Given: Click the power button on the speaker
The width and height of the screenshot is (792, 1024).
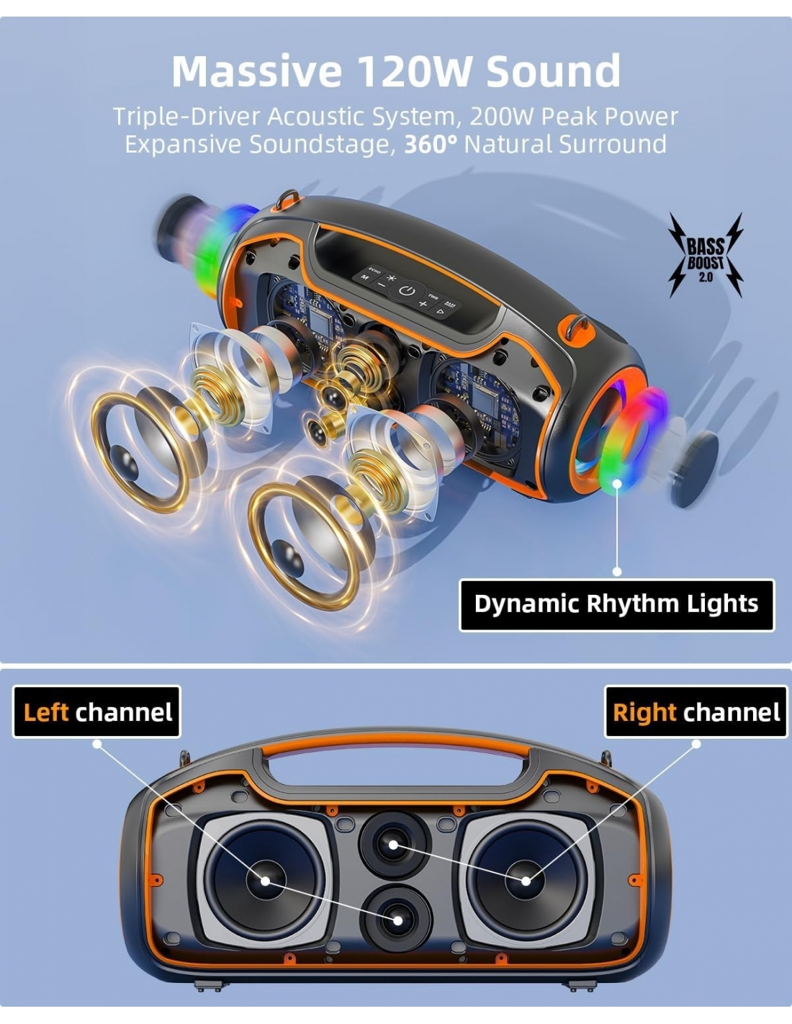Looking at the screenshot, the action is click(x=407, y=291).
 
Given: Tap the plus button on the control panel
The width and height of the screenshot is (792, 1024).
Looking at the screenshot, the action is click(x=423, y=304).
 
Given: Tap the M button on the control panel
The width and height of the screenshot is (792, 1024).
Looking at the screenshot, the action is click(x=364, y=277).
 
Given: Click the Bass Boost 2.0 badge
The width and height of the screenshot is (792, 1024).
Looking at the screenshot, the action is click(x=706, y=256).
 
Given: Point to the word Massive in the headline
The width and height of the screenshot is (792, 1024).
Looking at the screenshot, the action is click(x=257, y=71).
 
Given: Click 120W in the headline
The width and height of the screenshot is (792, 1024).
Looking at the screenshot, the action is click(x=414, y=71).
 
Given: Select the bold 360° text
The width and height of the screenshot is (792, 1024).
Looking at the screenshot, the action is click(x=431, y=144).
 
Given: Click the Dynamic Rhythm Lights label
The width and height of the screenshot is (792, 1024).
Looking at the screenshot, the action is click(x=616, y=605).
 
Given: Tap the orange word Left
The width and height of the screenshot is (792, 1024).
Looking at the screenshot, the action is click(x=45, y=712).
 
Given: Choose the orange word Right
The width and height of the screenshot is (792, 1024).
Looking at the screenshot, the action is click(x=644, y=712).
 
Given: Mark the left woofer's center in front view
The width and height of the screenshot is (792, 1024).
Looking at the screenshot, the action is click(x=265, y=881).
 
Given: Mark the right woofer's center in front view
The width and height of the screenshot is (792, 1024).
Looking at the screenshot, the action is click(x=526, y=881).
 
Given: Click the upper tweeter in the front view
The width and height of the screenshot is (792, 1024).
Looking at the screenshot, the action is click(x=394, y=845).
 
